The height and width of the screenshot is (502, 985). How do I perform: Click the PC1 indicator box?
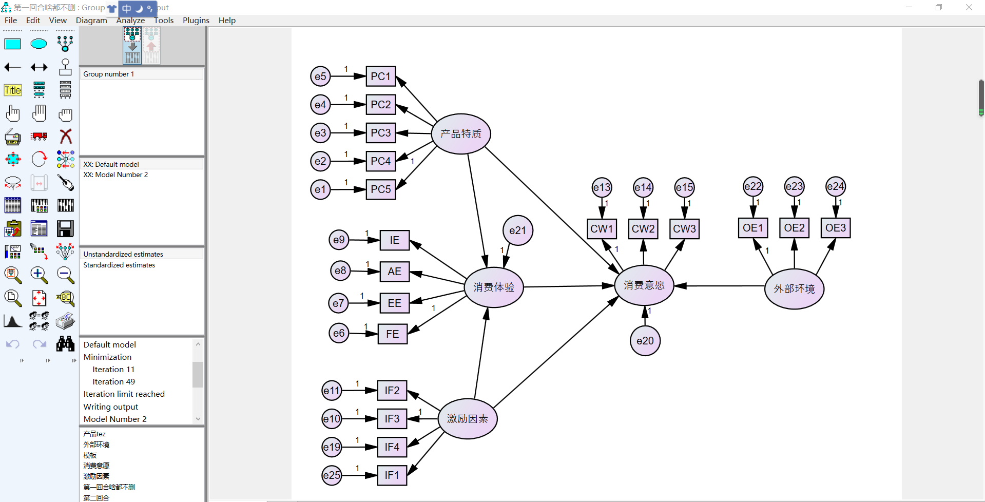(x=380, y=76)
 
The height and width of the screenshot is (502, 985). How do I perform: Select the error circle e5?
(x=320, y=76)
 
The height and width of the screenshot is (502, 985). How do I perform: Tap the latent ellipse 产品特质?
(x=461, y=134)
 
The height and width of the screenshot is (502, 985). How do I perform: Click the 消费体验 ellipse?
(x=493, y=287)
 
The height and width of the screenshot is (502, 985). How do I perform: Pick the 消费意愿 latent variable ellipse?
(x=644, y=285)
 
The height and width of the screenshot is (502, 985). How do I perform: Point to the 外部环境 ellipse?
(x=794, y=289)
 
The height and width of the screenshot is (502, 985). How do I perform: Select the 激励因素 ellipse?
(x=467, y=419)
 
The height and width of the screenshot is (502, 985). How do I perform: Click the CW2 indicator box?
(x=643, y=229)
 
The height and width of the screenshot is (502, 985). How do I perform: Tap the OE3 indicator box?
(x=835, y=228)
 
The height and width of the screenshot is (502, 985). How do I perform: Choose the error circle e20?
(x=645, y=341)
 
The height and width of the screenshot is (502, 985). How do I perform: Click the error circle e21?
(x=517, y=230)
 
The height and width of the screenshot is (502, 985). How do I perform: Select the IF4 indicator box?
(x=392, y=447)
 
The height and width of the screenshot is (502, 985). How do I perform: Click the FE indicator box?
(x=392, y=334)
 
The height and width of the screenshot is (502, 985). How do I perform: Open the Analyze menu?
(x=130, y=21)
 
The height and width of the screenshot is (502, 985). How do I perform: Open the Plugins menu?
(x=196, y=21)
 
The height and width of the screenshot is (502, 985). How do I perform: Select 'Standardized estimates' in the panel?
(x=119, y=265)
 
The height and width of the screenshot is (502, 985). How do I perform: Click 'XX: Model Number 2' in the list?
(x=115, y=175)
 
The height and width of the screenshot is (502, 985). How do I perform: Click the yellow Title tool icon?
(x=13, y=90)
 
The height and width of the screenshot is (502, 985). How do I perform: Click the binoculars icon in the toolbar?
(x=65, y=344)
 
